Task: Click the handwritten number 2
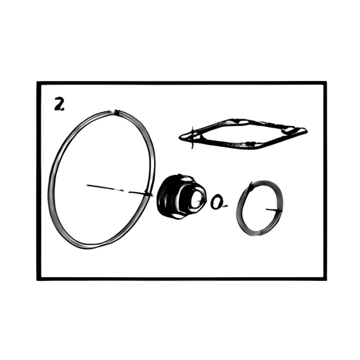pyautogui.click(x=59, y=104)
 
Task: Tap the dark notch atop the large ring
pyautogui.click(x=117, y=112)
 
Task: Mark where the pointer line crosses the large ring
pyautogui.click(x=147, y=194)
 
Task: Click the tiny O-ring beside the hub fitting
pyautogui.click(x=217, y=202)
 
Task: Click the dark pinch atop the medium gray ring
pyautogui.click(x=251, y=185)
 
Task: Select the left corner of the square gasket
pyautogui.click(x=181, y=138)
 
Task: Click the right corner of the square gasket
pyautogui.click(x=306, y=131)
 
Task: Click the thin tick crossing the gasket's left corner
pyautogui.click(x=193, y=138)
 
